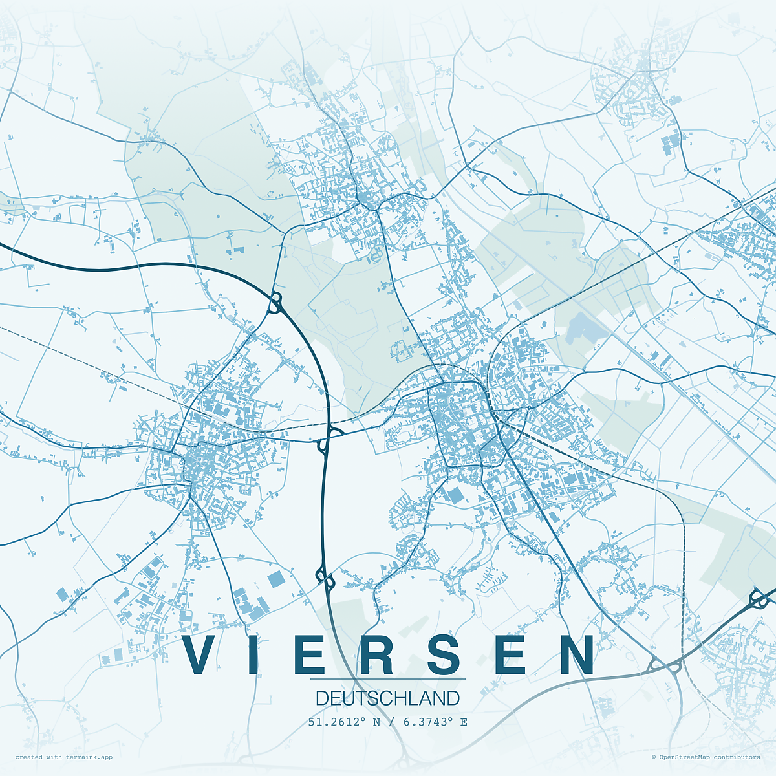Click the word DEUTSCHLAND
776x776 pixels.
(x=388, y=698)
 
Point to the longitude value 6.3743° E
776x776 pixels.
(x=435, y=722)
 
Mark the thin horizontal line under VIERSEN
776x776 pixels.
(x=388, y=679)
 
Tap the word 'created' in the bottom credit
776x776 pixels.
(x=29, y=757)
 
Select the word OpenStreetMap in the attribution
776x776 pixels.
(x=684, y=757)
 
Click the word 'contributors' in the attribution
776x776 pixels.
(x=737, y=757)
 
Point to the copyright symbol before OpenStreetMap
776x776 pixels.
(x=654, y=757)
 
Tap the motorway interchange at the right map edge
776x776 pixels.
(x=759, y=598)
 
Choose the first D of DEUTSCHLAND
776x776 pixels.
(x=321, y=698)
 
